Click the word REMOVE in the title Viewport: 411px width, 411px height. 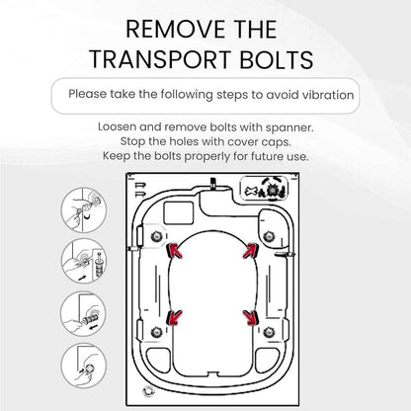point(175,30)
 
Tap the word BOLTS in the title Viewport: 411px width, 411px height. point(277,59)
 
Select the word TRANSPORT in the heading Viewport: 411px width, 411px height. point(160,59)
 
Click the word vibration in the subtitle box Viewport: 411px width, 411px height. point(328,95)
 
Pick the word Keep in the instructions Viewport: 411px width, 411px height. point(114,156)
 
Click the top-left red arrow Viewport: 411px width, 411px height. point(175,251)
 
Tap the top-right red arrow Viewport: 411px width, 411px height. point(251,251)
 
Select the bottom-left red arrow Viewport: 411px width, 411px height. point(174,317)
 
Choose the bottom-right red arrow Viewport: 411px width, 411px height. point(251,317)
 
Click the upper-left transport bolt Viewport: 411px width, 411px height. point(156,236)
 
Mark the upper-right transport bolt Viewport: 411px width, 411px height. point(269,236)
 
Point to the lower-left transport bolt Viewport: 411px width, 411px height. point(156,332)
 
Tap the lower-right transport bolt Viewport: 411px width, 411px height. point(269,332)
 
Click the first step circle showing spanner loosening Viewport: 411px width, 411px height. point(84,210)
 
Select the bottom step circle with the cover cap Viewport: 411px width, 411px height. point(84,366)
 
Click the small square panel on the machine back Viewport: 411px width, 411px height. point(179,213)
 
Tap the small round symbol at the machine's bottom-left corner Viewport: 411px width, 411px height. point(148,391)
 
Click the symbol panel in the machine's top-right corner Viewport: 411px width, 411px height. point(264,189)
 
